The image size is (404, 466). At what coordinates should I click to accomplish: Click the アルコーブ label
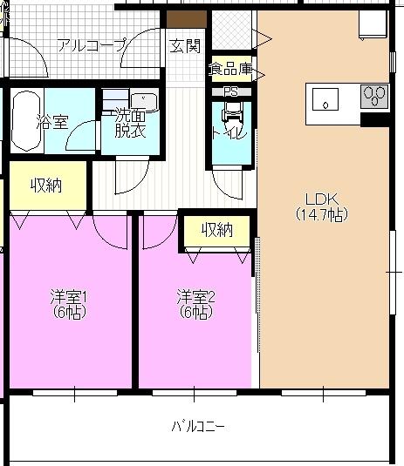point(92,45)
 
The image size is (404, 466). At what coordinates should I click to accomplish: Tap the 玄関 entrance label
point(185,45)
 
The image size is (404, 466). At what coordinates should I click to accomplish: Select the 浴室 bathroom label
point(51,122)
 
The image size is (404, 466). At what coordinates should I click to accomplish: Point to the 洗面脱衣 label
point(129,123)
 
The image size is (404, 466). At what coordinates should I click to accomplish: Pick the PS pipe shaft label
point(230,91)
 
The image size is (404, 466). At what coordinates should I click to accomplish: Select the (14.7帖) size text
point(320,213)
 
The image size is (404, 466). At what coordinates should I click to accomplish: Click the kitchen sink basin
point(325,98)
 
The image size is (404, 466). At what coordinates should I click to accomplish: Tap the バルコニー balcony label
point(198,427)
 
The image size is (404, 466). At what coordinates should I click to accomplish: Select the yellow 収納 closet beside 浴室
point(46,186)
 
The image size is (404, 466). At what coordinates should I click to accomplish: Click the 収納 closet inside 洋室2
point(217,230)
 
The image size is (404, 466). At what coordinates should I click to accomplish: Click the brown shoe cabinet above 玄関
point(187,18)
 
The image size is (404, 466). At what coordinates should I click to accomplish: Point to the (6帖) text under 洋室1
point(69,312)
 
